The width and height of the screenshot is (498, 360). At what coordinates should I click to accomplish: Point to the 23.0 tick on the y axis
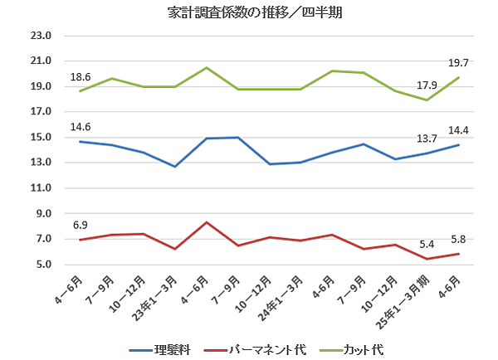coord(40,36)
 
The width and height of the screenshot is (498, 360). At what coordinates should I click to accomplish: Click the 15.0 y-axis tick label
coord(40,138)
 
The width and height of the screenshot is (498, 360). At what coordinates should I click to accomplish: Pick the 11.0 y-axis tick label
coord(40,188)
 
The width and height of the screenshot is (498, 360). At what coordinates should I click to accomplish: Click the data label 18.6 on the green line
coord(81,76)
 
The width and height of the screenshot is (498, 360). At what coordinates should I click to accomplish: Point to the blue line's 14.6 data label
coord(81,127)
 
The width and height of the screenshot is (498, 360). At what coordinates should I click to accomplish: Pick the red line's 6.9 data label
coord(81,225)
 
